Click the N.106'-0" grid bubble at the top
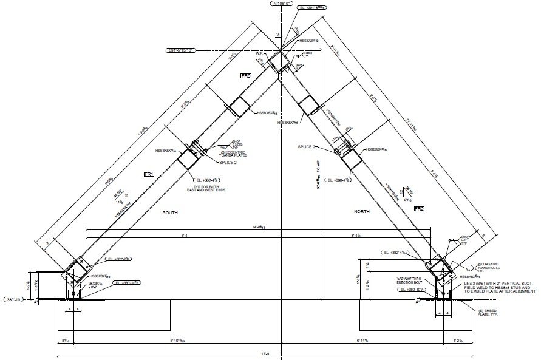tap(282, 4)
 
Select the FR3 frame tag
tap(246, 76)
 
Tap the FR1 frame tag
tap(149, 174)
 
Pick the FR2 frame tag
tap(419, 209)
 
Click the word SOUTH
tap(169, 213)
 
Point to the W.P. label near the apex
tap(260, 53)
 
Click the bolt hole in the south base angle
tap(73, 294)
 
